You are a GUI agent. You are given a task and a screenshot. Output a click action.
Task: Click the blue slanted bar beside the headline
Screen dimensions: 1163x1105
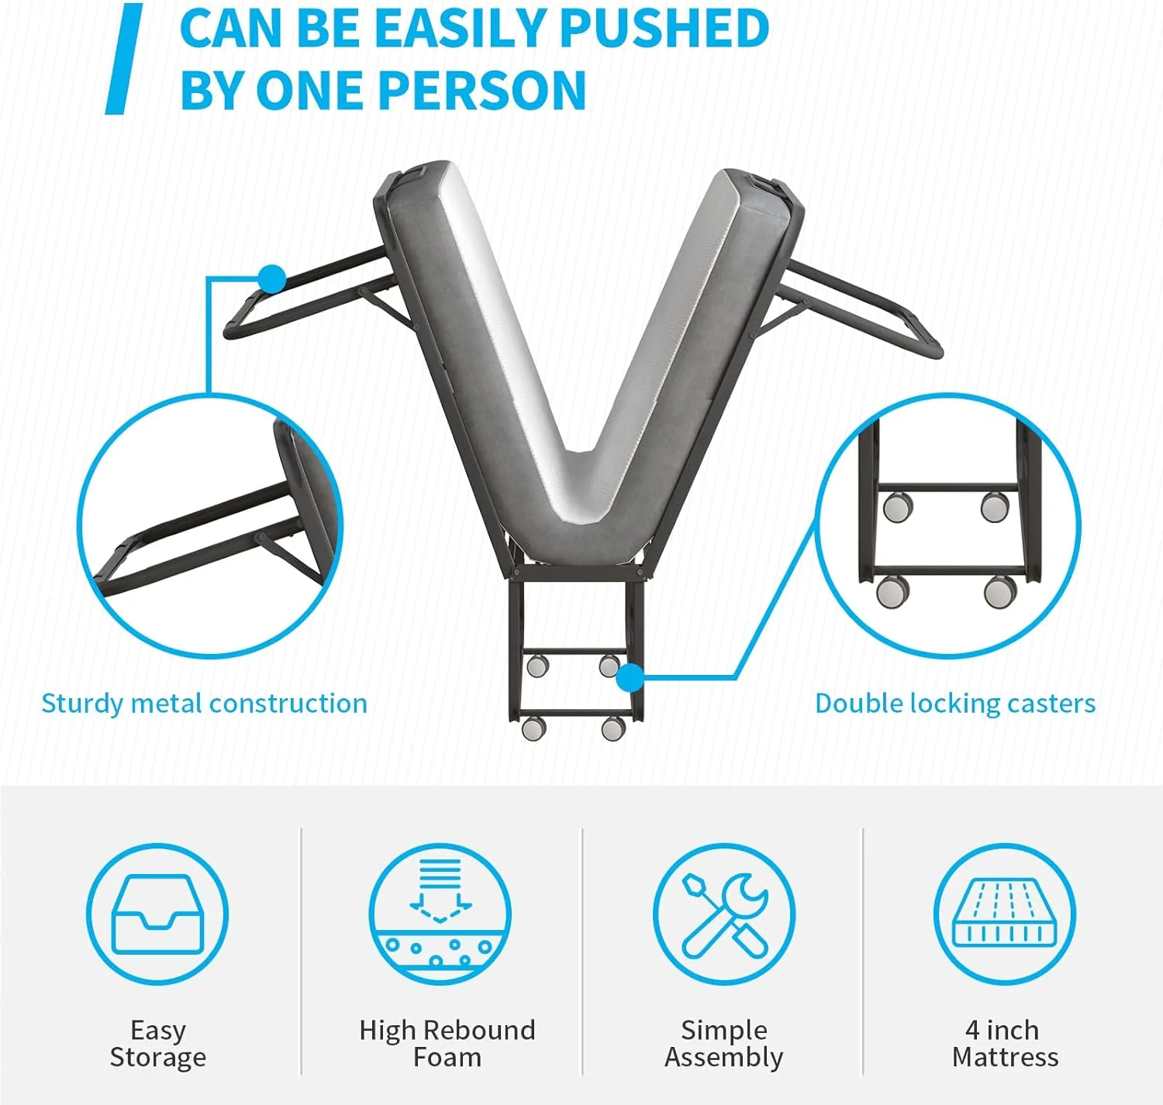tap(124, 59)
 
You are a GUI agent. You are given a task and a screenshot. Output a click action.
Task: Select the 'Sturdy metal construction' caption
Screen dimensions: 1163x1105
tap(204, 704)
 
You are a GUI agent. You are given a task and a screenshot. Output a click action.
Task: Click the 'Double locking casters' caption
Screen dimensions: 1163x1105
tap(954, 704)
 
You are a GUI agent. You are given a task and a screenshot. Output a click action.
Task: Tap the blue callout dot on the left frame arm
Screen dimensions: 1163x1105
tap(272, 278)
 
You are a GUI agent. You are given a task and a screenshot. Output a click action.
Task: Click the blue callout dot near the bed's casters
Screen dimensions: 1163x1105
tap(630, 677)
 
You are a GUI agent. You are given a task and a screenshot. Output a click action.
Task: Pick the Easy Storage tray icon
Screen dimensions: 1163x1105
tap(157, 914)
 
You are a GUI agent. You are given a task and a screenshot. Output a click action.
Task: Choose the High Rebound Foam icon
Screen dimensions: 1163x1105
tap(440, 914)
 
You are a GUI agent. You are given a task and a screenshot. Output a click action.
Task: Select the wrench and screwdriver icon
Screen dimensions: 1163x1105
tap(724, 914)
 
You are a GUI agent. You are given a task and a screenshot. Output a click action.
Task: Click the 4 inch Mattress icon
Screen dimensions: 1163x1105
tap(1005, 914)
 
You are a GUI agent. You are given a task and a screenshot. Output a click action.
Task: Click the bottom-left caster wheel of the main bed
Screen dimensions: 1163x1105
tap(533, 728)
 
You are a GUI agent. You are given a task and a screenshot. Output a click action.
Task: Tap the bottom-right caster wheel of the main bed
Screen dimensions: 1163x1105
tap(613, 728)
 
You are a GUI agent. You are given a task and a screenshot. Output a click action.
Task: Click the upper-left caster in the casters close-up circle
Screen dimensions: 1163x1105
tap(898, 507)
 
